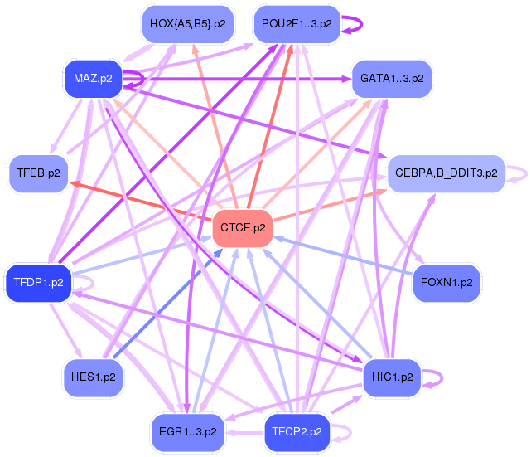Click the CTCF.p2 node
(243, 227)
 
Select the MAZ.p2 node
(93, 80)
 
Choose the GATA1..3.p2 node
(392, 79)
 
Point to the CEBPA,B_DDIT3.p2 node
(446, 173)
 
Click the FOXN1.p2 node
(447, 282)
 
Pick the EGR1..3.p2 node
(187, 432)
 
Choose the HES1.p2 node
(93, 377)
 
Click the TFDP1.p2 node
(38, 283)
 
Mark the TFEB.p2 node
(38, 173)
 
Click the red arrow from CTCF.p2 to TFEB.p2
(141, 201)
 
